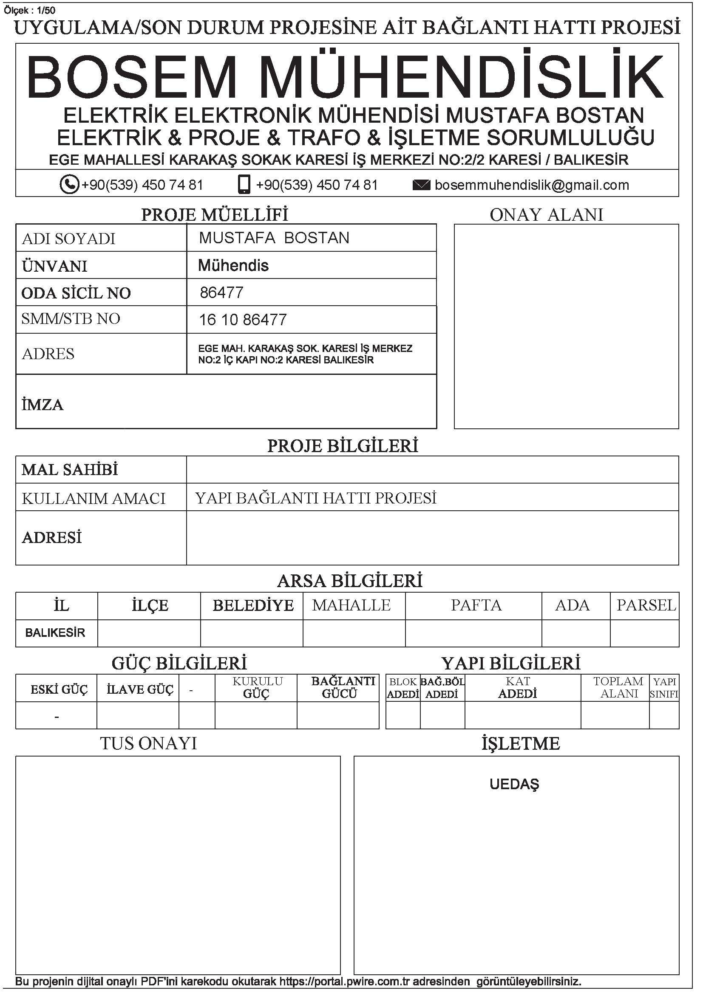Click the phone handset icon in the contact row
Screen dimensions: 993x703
pyautogui.click(x=69, y=185)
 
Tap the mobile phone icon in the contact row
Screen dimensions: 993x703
pyautogui.click(x=244, y=185)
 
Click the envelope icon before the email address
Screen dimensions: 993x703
pyautogui.click(x=421, y=186)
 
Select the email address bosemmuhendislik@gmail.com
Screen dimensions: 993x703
pyautogui.click(x=532, y=185)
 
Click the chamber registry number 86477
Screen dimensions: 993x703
pyautogui.click(x=221, y=293)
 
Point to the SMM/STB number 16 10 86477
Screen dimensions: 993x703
pyautogui.click(x=242, y=320)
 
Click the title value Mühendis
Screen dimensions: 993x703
pyautogui.click(x=233, y=265)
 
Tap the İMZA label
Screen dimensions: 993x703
pyautogui.click(x=43, y=405)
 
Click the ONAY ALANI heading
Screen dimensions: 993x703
pyautogui.click(x=546, y=215)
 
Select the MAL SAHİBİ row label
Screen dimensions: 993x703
pyautogui.click(x=70, y=470)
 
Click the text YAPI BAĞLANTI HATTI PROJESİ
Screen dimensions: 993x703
pyautogui.click(x=315, y=498)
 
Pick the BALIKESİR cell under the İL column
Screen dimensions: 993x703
pyautogui.click(x=55, y=633)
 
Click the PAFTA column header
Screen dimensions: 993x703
pyautogui.click(x=476, y=605)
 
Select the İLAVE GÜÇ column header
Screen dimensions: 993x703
pyautogui.click(x=140, y=689)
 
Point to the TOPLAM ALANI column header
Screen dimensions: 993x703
pyautogui.click(x=618, y=687)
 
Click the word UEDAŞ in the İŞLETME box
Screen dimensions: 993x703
pyautogui.click(x=514, y=784)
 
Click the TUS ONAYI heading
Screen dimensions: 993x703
pyautogui.click(x=148, y=743)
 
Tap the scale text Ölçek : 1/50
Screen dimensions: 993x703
pyautogui.click(x=30, y=10)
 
